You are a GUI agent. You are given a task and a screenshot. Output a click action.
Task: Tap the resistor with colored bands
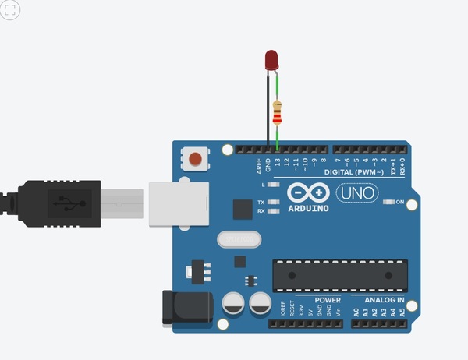coord(278,114)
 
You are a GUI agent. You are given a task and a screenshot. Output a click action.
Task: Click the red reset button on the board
coord(194,160)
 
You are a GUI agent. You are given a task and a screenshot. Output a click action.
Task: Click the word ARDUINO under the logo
coord(307,208)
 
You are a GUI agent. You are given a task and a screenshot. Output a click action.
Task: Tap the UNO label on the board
coord(356,192)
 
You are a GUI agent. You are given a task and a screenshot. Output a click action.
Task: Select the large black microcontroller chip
coord(340,274)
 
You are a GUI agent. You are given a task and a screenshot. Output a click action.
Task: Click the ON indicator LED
coord(389,203)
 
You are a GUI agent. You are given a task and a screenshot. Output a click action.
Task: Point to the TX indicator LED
coord(272,202)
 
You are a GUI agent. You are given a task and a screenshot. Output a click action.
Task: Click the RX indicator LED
coord(272,210)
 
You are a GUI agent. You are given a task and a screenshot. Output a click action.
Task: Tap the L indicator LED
coord(272,185)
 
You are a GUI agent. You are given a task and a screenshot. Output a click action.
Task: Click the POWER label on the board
coord(328,299)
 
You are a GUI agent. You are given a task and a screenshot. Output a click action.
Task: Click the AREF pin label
coord(259,165)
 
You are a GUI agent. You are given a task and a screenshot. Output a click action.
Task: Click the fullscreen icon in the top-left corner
coord(10,10)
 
